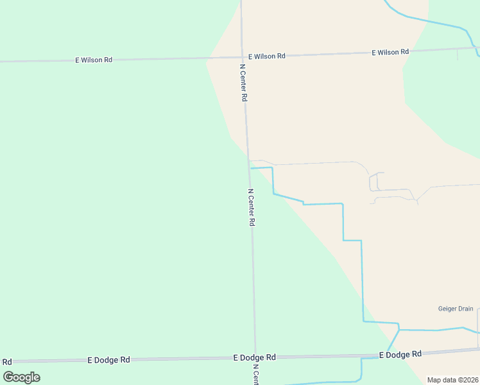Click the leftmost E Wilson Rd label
coord(94,60)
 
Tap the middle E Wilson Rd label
coord(266,56)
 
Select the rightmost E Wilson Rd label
coord(390,52)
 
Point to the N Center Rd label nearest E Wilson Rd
coord(244,83)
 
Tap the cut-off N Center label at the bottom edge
coord(255,375)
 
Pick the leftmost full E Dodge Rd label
coord(108,360)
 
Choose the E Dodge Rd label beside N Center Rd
coord(254,357)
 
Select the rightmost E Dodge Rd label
coord(400,354)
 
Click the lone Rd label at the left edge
coord(7,362)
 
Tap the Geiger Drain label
coord(456,309)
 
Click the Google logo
coord(22,377)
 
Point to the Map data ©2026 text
coord(452,380)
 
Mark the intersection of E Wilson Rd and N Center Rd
coord(242,56)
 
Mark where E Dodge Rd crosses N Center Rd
coord(255,357)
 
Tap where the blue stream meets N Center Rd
coord(250,168)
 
